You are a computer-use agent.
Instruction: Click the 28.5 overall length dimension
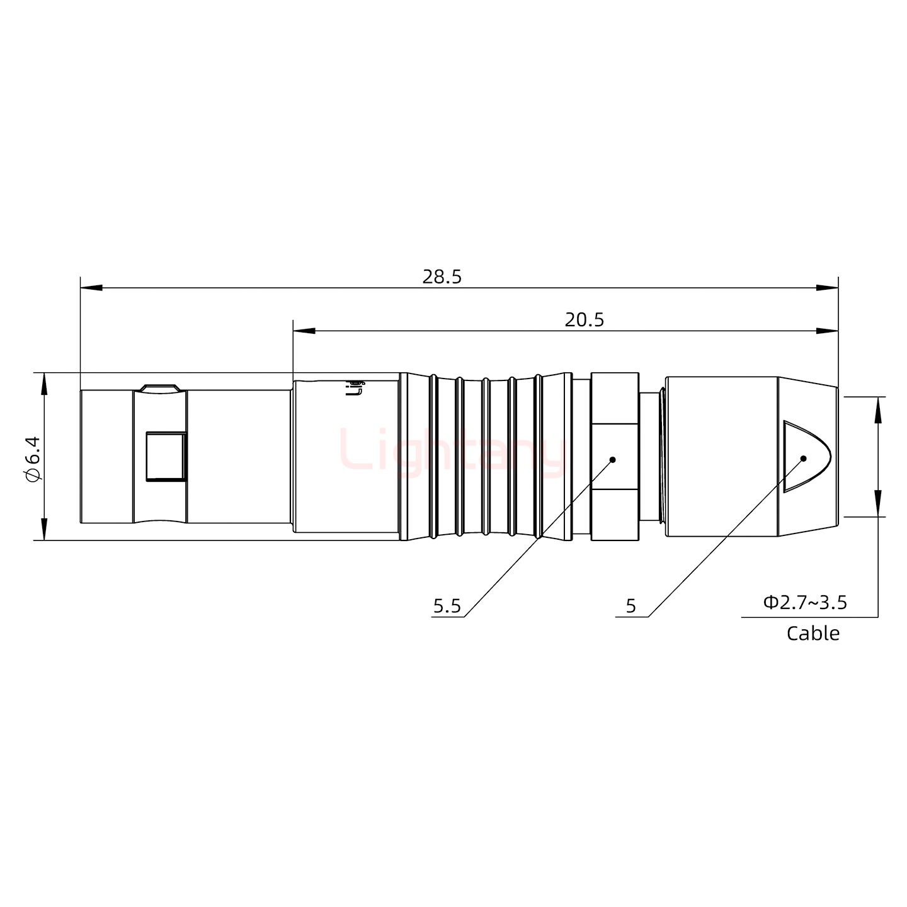click(442, 277)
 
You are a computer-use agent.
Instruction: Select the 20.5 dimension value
click(584, 320)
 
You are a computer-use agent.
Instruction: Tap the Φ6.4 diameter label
click(33, 458)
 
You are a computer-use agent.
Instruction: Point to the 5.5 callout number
click(447, 607)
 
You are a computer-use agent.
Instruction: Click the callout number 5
click(630, 607)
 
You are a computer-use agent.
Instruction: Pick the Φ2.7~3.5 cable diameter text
click(804, 603)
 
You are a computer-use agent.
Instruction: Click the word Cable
click(813, 633)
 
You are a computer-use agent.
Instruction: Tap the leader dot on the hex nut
click(612, 460)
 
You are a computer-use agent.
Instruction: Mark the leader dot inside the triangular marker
click(803, 458)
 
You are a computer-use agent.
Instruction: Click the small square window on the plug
click(166, 456)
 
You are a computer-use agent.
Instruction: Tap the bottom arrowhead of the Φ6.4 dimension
click(44, 530)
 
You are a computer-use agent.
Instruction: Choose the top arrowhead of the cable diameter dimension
click(877, 407)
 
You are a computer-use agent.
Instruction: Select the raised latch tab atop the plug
click(160, 388)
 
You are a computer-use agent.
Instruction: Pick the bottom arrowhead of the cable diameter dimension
click(877, 506)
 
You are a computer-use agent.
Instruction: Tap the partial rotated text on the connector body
click(357, 387)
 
